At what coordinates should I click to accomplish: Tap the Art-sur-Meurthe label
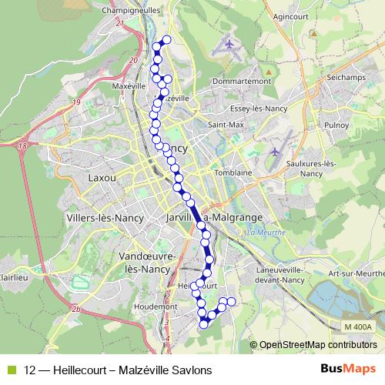tap(355, 273)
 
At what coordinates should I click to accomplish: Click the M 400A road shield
tap(357, 327)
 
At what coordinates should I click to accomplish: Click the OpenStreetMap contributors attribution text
tap(318, 345)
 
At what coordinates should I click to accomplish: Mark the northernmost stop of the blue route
tap(166, 40)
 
